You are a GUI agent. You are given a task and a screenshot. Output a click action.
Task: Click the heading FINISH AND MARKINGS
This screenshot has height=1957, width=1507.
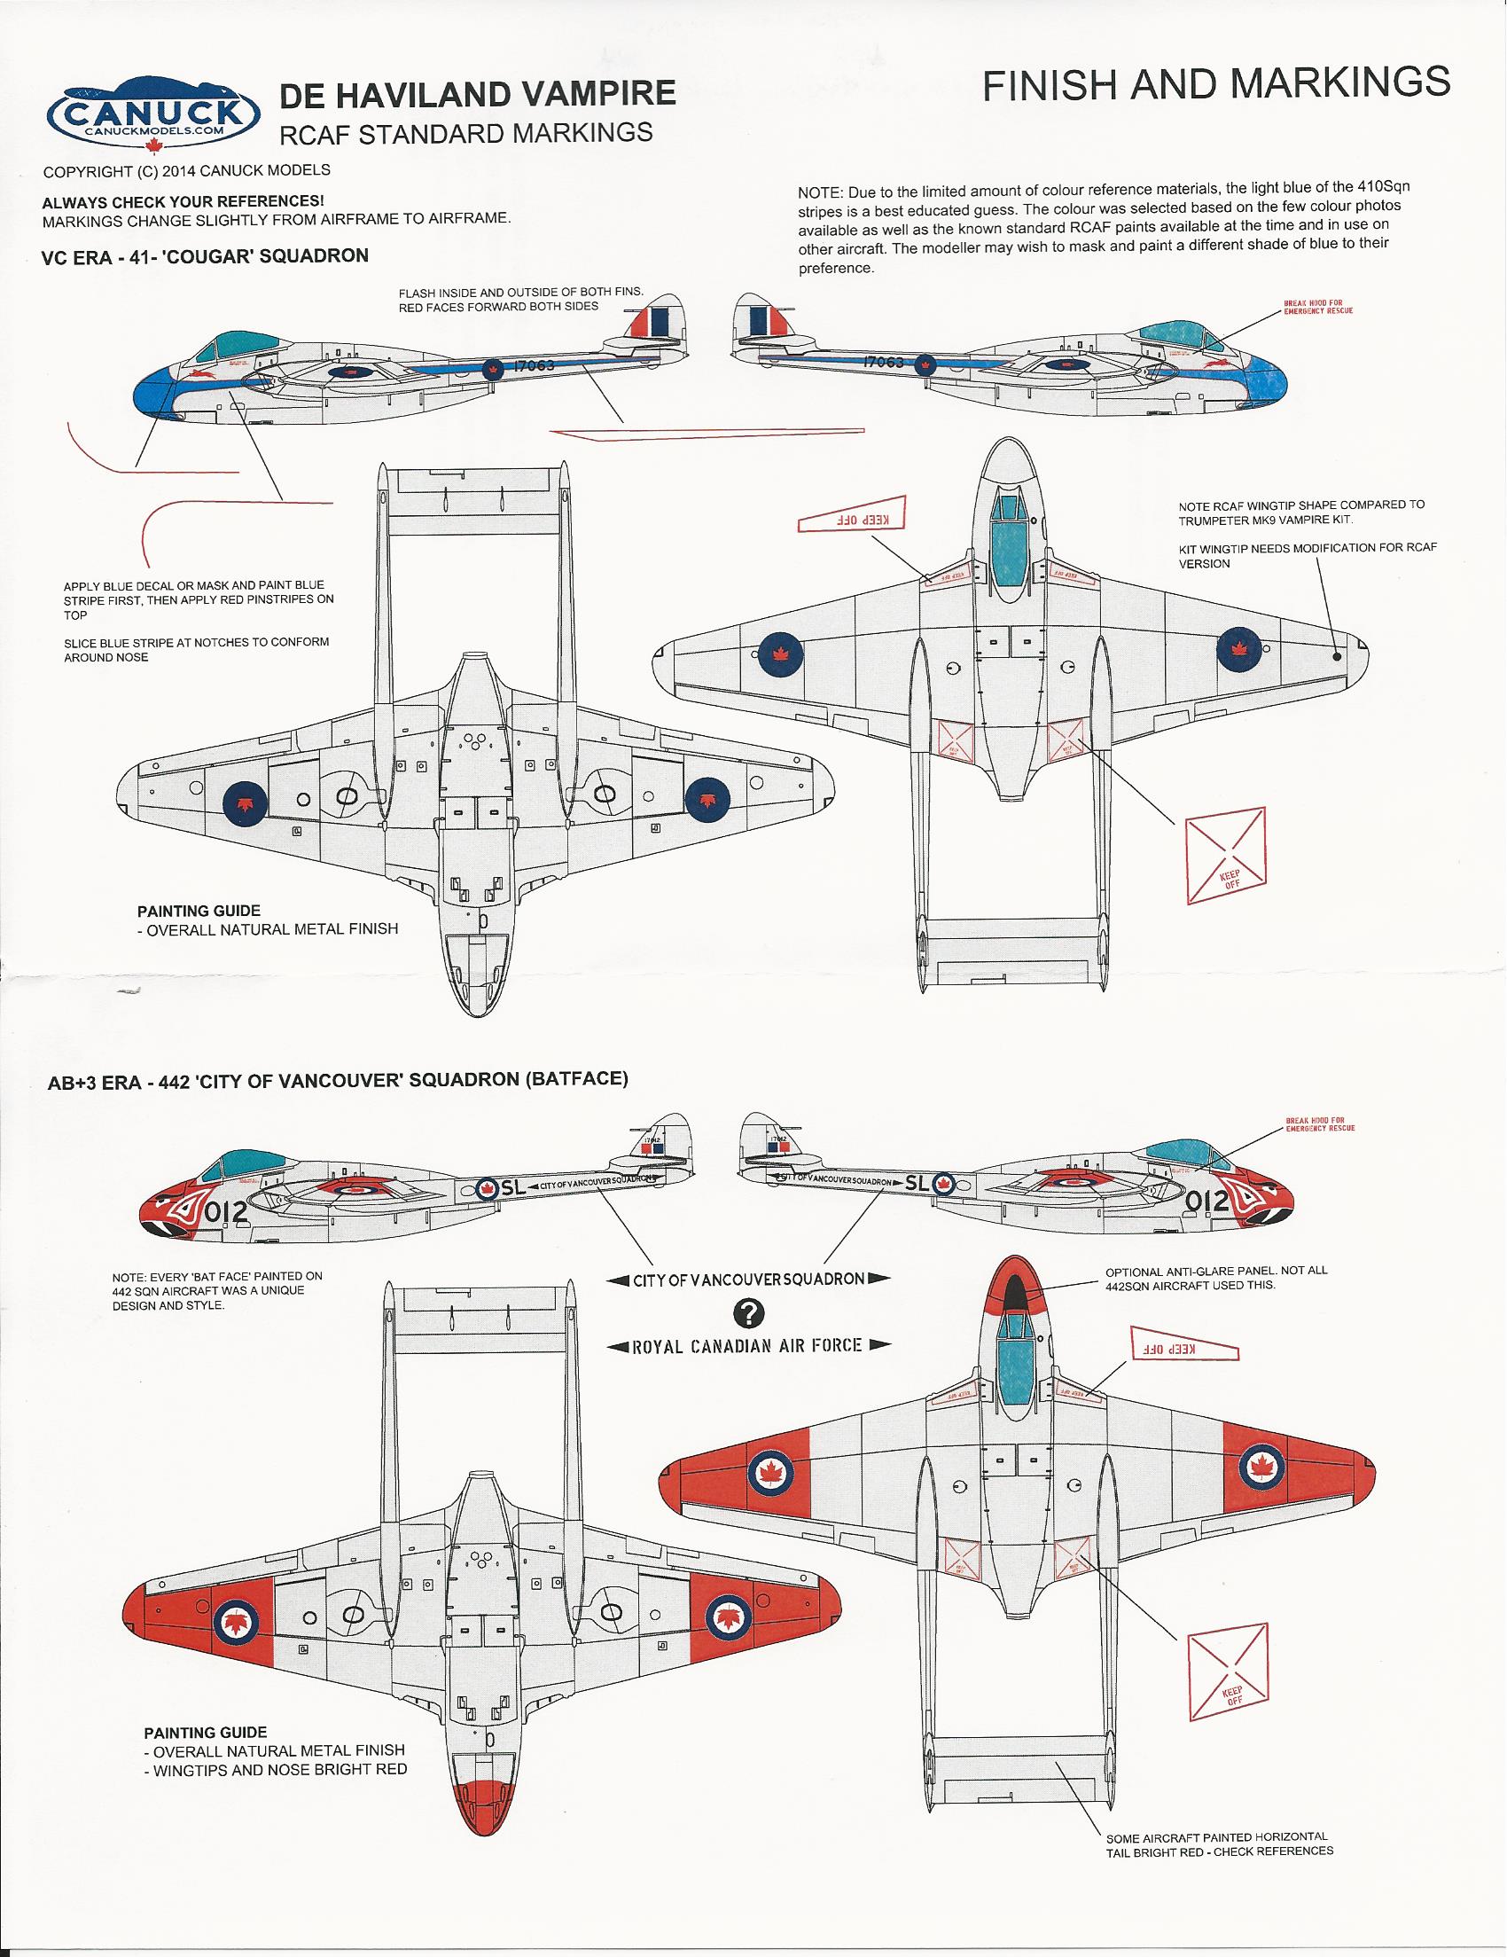coord(1216,83)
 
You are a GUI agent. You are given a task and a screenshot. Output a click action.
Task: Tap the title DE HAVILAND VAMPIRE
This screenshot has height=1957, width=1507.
coord(479,93)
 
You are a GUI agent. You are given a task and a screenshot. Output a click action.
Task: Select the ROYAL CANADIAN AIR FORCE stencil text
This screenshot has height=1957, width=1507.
coord(747,1345)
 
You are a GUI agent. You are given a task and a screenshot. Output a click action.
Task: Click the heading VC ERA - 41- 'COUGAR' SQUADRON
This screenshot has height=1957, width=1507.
coord(205,255)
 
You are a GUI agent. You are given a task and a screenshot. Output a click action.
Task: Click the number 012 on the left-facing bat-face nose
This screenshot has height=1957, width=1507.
coord(225,1212)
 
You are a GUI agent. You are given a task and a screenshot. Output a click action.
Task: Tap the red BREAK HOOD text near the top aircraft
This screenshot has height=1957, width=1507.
coord(1318,307)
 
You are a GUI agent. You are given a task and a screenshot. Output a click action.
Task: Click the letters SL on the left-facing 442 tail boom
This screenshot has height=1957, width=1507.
coord(513,1188)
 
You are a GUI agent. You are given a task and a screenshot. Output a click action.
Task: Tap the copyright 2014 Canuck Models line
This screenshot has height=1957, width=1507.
coord(186,170)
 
